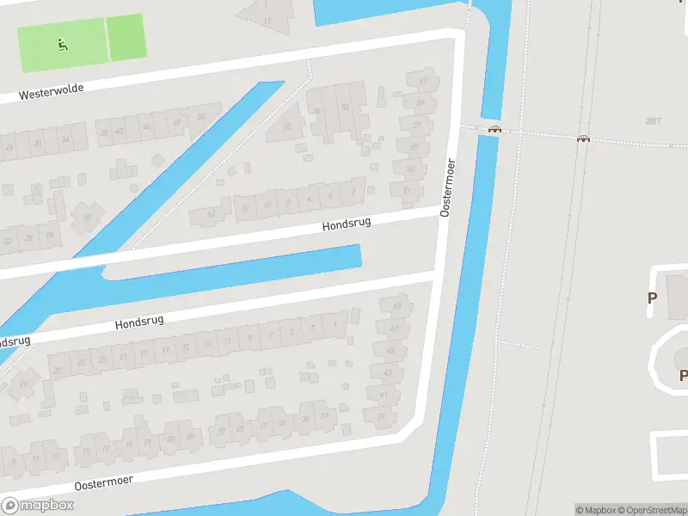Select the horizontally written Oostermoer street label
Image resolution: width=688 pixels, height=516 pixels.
point(103,482)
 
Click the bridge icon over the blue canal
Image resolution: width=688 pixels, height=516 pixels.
point(494,130)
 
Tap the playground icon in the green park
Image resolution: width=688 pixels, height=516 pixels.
point(62,44)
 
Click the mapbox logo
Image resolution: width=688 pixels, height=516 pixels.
point(38,505)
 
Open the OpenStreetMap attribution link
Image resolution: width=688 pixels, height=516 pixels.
point(654,510)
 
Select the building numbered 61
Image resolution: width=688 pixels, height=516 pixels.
point(422,82)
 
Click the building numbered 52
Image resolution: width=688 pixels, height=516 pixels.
point(287,126)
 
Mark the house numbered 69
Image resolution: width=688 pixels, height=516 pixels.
point(396,306)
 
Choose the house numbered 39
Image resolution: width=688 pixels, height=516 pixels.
point(381,416)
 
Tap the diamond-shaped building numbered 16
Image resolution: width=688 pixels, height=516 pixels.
point(87,216)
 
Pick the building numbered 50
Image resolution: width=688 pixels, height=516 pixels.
point(345,107)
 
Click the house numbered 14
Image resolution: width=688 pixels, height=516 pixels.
point(212,213)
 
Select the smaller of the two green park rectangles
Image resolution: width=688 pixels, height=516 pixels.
point(126,37)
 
